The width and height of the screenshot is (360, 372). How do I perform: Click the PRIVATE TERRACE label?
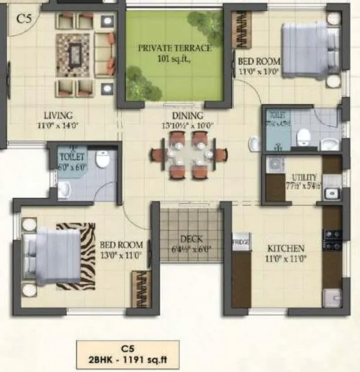tap(174, 48)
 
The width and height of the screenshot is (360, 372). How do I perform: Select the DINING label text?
tap(187, 116)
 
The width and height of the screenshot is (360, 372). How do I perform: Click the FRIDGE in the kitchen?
tap(241, 242)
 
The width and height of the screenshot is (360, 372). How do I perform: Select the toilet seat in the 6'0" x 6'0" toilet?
tap(103, 158)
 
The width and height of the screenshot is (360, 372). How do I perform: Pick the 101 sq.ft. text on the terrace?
tap(174, 59)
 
